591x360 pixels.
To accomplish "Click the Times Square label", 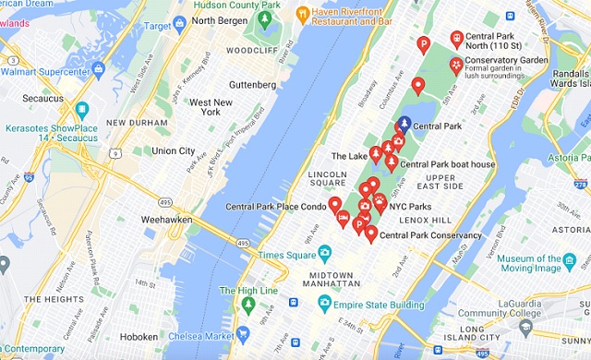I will (286, 254).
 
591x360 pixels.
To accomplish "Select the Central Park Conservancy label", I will (430, 235).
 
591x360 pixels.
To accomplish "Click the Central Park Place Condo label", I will (275, 207).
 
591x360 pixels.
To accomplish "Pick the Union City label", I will (174, 150).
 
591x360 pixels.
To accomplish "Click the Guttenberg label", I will (245, 85).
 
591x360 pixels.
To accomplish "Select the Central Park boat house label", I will (447, 164).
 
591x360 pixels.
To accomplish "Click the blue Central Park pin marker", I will (402, 126).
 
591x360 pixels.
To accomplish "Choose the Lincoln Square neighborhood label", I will (327, 178).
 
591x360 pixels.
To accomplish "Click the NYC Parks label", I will (410, 206).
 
